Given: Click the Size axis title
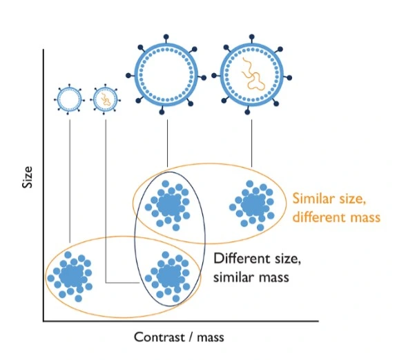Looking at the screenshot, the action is tap(28, 177).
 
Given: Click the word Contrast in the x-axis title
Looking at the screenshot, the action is tap(159, 337).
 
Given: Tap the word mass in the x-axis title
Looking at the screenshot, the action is tap(211, 338).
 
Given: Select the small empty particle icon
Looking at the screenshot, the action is tap(69, 99).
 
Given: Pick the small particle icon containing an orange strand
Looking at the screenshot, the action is tap(105, 99).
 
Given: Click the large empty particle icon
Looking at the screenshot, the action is tap(166, 74).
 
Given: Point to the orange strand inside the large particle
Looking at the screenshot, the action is tap(253, 74).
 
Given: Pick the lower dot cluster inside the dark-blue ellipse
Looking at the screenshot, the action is tap(168, 277).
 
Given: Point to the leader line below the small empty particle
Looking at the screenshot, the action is tap(70, 181).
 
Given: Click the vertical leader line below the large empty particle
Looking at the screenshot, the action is tap(167, 143).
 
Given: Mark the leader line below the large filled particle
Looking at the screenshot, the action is tap(252, 143).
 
